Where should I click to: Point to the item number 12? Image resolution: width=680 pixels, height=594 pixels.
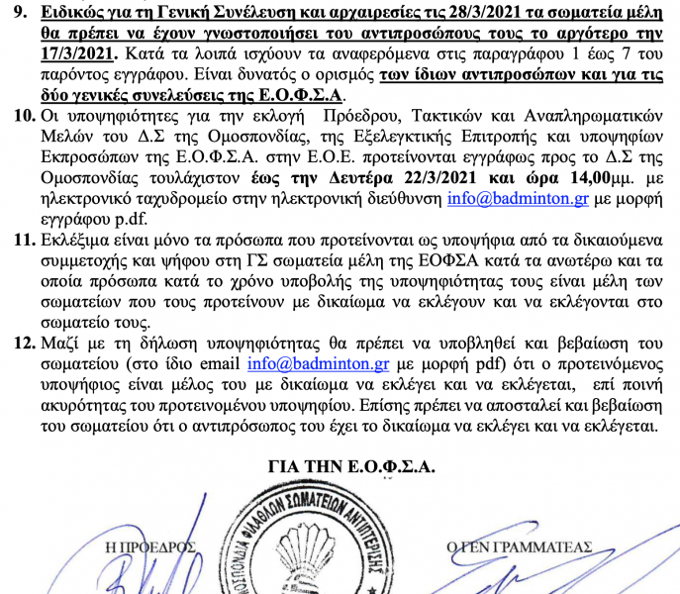pyautogui.click(x=20, y=346)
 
